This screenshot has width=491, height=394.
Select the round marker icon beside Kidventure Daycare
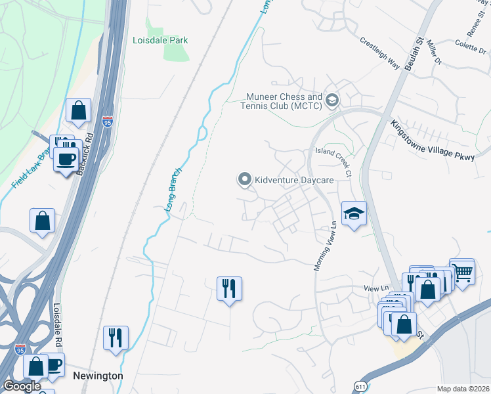pos(245,179)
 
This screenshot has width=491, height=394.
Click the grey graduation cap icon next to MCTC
pos(332,100)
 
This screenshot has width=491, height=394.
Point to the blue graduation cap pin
pos(354,213)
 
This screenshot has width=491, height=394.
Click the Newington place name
pos(98,376)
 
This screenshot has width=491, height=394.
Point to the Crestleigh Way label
pos(379,52)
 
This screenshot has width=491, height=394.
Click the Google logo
pos(22,386)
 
